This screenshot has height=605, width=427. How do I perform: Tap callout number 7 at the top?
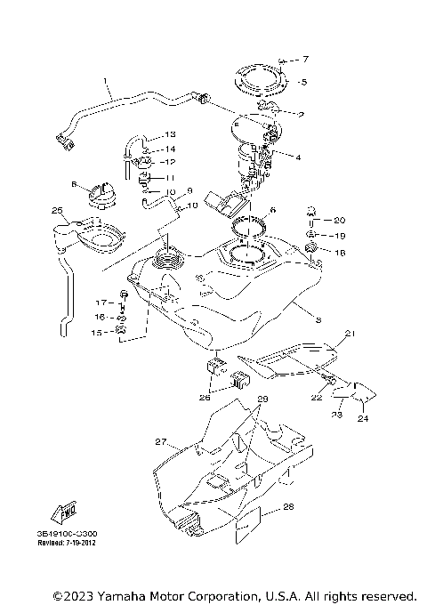coord(305,60)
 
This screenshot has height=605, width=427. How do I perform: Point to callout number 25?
coord(56,211)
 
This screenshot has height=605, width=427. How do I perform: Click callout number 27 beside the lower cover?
coord(160,441)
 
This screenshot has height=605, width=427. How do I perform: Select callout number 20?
coord(339,220)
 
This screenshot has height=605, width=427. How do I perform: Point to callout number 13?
coord(170,134)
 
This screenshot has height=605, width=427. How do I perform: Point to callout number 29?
coord(262,400)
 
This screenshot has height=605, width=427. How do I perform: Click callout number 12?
coord(170,162)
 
